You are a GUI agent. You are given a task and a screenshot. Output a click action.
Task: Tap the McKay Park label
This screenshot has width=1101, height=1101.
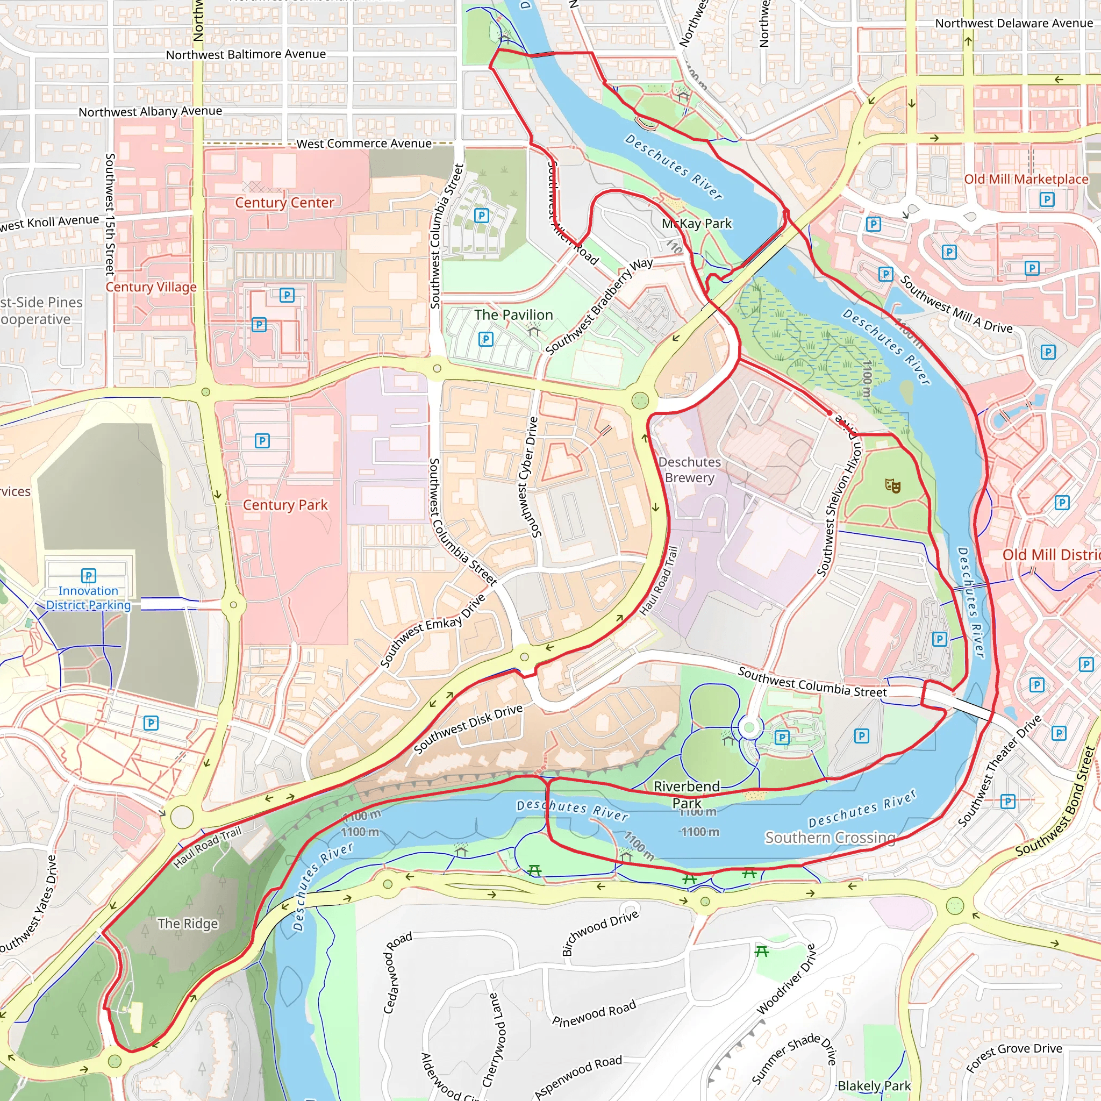(x=696, y=224)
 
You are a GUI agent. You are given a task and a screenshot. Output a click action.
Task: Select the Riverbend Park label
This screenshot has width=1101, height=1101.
(x=687, y=795)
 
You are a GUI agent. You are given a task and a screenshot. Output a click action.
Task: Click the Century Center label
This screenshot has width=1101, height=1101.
(x=284, y=202)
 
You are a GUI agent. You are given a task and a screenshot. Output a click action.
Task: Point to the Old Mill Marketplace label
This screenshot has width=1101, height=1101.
(x=1026, y=179)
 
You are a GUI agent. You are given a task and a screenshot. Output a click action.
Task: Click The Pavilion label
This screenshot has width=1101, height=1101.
(x=513, y=314)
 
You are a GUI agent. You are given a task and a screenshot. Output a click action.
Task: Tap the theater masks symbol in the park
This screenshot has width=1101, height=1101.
(x=892, y=485)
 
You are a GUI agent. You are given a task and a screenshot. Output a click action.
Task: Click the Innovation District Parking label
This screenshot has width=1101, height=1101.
(x=88, y=598)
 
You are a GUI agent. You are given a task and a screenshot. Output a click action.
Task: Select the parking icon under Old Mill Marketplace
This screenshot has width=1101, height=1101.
(x=1047, y=199)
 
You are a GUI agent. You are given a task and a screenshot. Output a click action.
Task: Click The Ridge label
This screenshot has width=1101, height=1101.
(x=188, y=923)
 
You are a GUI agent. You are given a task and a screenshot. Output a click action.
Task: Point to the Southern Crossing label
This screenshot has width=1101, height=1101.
(x=830, y=837)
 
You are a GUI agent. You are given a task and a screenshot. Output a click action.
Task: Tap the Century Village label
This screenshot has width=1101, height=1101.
(x=151, y=287)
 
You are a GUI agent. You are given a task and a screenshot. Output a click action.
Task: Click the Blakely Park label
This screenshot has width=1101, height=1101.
(x=874, y=1085)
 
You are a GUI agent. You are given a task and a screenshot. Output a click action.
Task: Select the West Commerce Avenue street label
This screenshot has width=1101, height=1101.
(x=363, y=144)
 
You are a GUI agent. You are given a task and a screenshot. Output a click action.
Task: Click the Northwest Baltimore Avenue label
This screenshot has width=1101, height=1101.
(x=246, y=54)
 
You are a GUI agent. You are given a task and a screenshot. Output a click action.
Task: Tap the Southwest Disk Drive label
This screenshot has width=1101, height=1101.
(x=468, y=729)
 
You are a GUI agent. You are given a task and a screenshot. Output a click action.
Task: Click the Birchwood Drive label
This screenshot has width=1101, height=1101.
(x=599, y=933)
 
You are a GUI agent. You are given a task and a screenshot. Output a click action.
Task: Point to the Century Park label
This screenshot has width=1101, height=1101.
(x=285, y=505)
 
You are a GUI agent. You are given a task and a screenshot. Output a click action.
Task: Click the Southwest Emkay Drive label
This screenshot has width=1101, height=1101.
(x=433, y=630)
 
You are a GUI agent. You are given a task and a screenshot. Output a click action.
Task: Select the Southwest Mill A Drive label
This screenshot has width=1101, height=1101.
(x=956, y=304)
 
